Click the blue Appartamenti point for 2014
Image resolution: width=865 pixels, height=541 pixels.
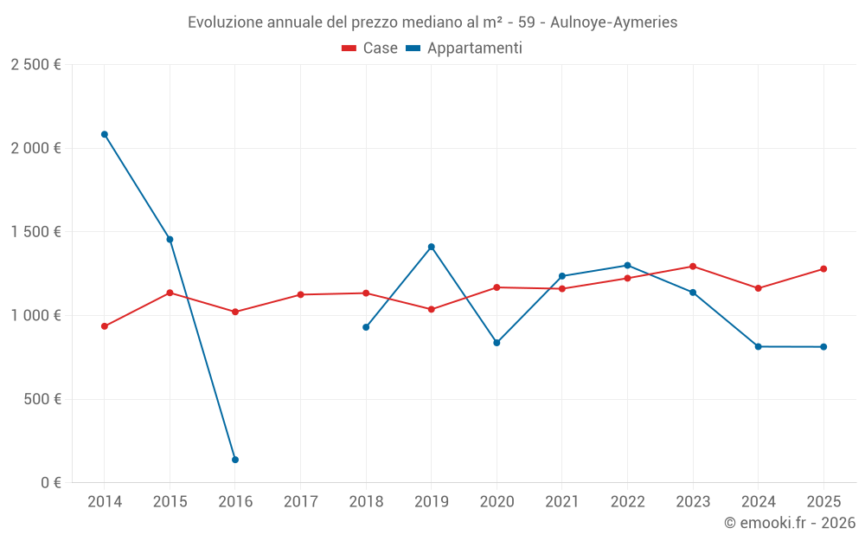[x=105, y=134]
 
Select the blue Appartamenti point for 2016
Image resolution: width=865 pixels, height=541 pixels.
[x=235, y=460]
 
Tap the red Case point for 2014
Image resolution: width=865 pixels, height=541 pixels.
[x=105, y=326]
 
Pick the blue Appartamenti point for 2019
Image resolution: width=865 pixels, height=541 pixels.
[x=432, y=247]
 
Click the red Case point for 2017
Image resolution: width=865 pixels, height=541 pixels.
[x=301, y=294]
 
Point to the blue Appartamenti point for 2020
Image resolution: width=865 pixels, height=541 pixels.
[x=497, y=343]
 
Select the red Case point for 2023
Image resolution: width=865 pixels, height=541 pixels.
[x=693, y=267]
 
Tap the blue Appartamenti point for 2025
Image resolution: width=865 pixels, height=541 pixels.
[x=823, y=347]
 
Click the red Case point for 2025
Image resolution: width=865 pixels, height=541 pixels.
[x=823, y=269]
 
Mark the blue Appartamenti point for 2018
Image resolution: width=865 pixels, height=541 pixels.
[x=366, y=327]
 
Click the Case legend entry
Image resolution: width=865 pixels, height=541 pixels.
[x=370, y=48]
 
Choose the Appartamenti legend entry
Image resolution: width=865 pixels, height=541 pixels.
[x=465, y=48]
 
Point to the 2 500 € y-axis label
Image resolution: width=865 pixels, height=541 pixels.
[x=35, y=65]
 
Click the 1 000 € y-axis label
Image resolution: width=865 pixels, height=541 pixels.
[x=35, y=316]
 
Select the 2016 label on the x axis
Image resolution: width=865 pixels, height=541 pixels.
[x=235, y=502]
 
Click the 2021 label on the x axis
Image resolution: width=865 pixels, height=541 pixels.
[x=562, y=502]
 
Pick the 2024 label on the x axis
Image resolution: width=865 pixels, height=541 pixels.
[x=759, y=502]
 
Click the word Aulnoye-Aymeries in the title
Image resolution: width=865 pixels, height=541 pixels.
[x=613, y=22]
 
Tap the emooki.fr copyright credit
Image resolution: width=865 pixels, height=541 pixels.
[x=789, y=523]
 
